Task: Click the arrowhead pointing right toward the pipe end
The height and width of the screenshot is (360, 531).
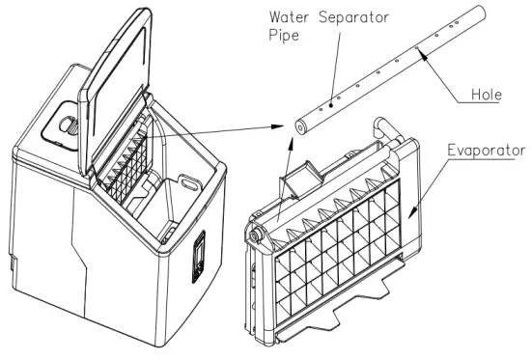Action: pos(280,126)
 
